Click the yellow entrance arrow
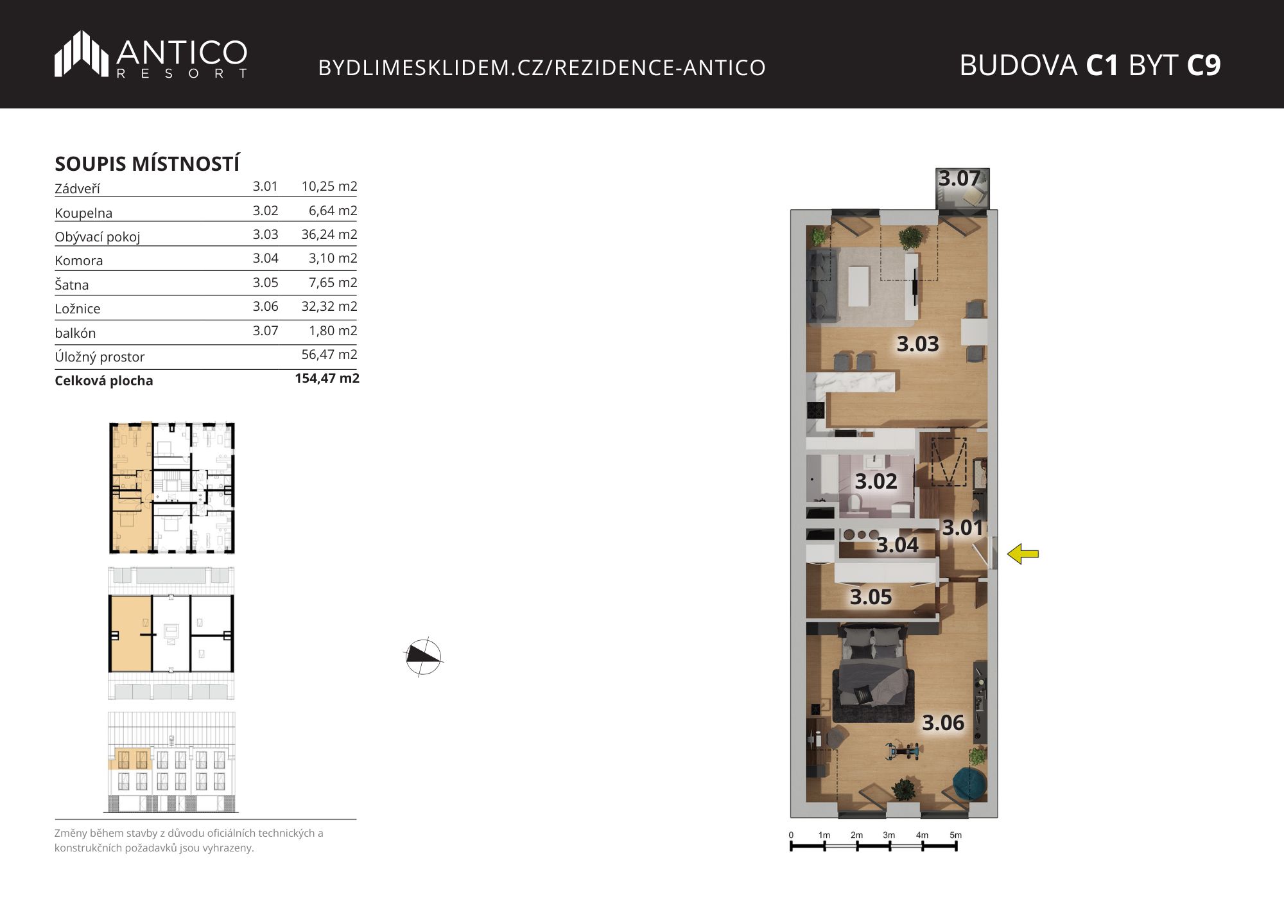pyautogui.click(x=1023, y=554)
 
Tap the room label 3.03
pyautogui.click(x=917, y=344)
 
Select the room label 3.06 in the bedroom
pyautogui.click(x=943, y=723)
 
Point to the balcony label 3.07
pyautogui.click(x=960, y=179)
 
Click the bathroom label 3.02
pyautogui.click(x=876, y=482)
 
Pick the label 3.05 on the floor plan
pyautogui.click(x=871, y=597)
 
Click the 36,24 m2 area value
pyautogui.click(x=329, y=234)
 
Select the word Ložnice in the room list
pyautogui.click(x=78, y=309)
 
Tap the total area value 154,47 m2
pyautogui.click(x=327, y=378)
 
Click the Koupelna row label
pyautogui.click(x=83, y=213)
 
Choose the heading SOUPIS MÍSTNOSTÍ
pyautogui.click(x=147, y=164)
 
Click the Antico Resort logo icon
pyautogui.click(x=82, y=54)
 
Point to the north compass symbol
pyautogui.click(x=424, y=657)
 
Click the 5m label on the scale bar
pyautogui.click(x=955, y=835)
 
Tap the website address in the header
pyautogui.click(x=542, y=67)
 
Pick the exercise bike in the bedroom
pyautogui.click(x=903, y=750)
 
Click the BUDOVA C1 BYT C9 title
pyautogui.click(x=1089, y=65)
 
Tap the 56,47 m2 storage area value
pyautogui.click(x=329, y=354)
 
